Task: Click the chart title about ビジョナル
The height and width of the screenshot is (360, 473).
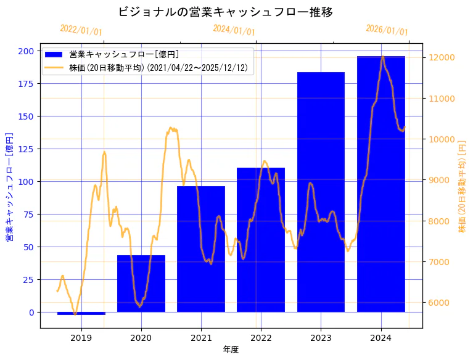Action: click(x=225, y=12)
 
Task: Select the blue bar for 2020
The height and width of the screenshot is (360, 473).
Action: click(x=141, y=284)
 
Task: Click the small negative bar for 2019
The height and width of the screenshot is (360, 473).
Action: click(x=81, y=313)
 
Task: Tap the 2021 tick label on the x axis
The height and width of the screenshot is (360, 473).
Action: click(x=201, y=338)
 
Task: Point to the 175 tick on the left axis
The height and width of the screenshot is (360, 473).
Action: click(x=27, y=83)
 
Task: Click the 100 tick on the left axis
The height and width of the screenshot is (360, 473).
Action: click(x=27, y=181)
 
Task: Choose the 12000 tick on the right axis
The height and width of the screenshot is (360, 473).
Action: click(x=442, y=57)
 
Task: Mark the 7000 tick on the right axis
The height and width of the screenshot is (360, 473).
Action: click(x=440, y=262)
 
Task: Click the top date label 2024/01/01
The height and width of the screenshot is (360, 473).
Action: click(x=234, y=30)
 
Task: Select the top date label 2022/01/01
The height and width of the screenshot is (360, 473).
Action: click(x=81, y=30)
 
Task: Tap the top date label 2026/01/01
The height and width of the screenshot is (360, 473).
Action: click(x=387, y=30)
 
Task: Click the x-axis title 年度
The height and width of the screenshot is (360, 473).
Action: click(x=231, y=350)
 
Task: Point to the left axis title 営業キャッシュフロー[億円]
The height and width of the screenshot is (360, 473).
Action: click(x=9, y=187)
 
